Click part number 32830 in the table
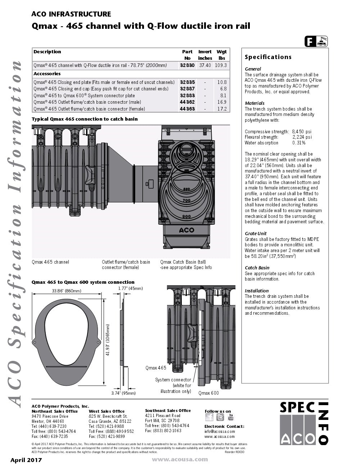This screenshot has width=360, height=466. click(187, 65)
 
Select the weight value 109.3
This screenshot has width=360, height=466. click(221, 65)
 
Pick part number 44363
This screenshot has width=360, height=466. click(187, 109)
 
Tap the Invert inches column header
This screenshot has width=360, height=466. click(205, 55)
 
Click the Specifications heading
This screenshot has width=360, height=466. click(268, 57)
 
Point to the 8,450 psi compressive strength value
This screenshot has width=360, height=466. click(302, 131)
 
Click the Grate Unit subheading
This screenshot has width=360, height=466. click(256, 233)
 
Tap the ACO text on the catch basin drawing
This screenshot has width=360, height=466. click(186, 230)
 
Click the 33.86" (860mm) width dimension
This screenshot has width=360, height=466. click(67, 291)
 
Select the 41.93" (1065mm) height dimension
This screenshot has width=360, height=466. click(108, 340)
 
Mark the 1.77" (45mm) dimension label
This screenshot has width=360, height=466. click(130, 288)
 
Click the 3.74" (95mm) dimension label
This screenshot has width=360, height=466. click(123, 393)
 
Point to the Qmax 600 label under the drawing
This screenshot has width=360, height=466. click(208, 393)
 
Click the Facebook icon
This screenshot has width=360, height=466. click(209, 417)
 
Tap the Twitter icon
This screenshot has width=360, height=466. click(220, 417)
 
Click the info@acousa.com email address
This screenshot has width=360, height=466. click(220, 431)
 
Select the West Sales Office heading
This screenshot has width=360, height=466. click(107, 411)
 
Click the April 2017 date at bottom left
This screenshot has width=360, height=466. click(26, 460)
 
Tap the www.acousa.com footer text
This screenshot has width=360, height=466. click(180, 459)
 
